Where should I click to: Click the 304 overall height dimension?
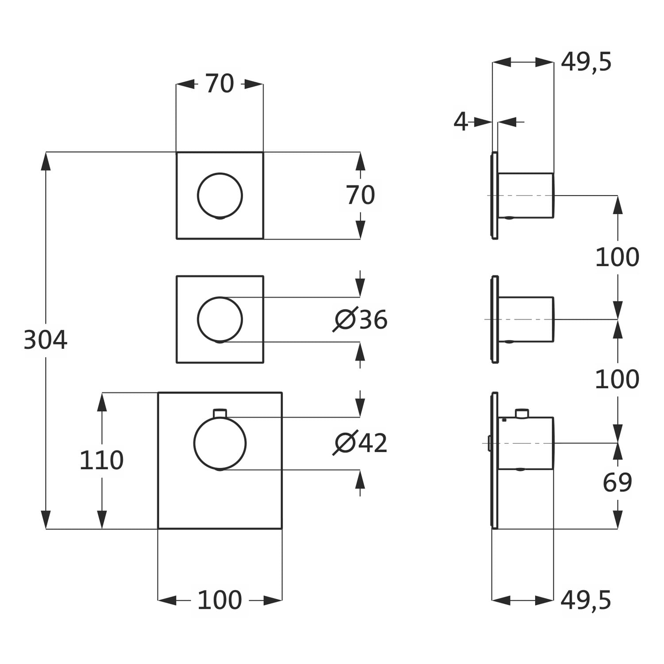click(x=45, y=340)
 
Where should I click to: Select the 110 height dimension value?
click(x=101, y=460)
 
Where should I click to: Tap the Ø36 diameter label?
click(x=361, y=319)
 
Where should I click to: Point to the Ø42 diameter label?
click(x=361, y=443)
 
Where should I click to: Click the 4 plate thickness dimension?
click(x=461, y=121)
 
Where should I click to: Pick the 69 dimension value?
click(x=617, y=483)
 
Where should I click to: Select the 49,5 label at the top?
click(x=586, y=62)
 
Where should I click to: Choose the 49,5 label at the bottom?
click(x=586, y=601)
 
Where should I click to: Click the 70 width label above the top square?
click(x=220, y=84)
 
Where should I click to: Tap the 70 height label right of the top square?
click(x=360, y=195)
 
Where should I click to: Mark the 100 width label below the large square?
click(x=220, y=601)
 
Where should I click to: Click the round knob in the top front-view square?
click(x=220, y=196)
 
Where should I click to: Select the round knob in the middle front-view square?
click(x=220, y=319)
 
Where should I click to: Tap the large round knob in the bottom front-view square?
click(x=220, y=443)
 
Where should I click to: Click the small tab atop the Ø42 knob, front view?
click(x=220, y=413)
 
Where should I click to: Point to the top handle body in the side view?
click(x=526, y=195)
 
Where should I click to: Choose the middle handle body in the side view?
click(x=526, y=319)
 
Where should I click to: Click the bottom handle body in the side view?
click(x=526, y=443)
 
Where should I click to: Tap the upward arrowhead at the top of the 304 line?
click(x=46, y=161)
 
